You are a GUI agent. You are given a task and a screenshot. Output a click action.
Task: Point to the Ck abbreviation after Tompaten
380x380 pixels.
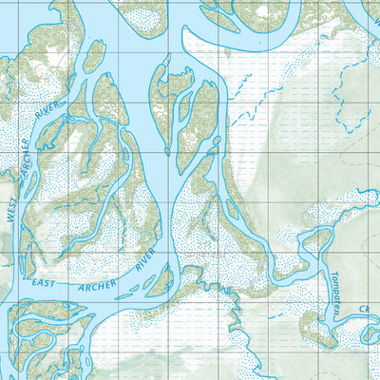(364, 309)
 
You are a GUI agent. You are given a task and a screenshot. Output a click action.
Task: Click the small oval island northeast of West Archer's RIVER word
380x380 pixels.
(93, 56)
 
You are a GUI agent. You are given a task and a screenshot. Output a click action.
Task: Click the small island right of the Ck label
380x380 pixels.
(373, 334)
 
